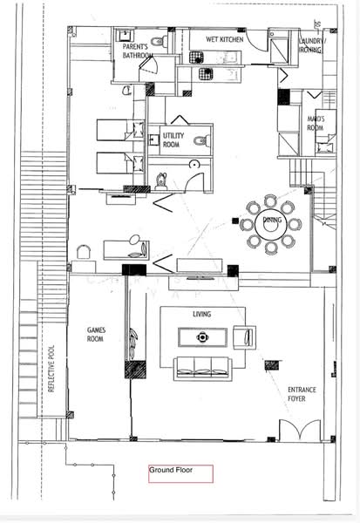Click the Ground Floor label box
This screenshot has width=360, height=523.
[180, 473]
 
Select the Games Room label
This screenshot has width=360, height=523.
[96, 335]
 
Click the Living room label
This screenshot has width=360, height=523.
[202, 314]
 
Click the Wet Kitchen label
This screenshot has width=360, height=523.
[223, 40]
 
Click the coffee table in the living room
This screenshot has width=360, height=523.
[202, 336]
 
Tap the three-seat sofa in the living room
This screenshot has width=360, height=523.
[202, 367]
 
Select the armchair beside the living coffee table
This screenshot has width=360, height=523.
[247, 336]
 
